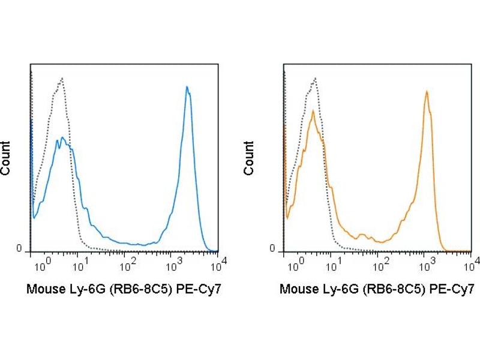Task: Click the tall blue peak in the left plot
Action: click(x=187, y=88)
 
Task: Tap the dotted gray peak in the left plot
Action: click(x=61, y=79)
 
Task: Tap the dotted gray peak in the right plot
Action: click(x=314, y=79)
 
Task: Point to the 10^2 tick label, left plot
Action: click(x=128, y=263)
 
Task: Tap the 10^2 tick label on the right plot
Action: click(x=380, y=263)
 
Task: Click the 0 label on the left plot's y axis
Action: click(x=19, y=249)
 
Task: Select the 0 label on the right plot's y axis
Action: click(x=272, y=249)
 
